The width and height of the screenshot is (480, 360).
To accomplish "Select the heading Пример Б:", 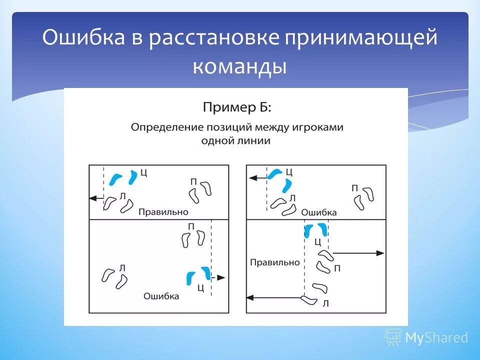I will (237, 106).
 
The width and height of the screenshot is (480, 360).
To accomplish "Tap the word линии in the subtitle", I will (256, 141).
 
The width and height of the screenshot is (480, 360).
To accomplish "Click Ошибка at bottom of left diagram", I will (161, 296).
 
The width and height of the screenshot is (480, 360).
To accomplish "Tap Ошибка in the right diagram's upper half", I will (319, 212).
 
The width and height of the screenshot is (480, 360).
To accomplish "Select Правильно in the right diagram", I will (274, 262).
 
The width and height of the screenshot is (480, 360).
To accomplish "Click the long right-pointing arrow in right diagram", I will (357, 253).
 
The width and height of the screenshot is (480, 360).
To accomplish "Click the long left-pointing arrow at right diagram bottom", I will (275, 298).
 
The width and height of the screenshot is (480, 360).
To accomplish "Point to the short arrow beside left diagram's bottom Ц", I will (219, 277).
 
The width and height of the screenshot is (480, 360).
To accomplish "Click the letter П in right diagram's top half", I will (354, 188).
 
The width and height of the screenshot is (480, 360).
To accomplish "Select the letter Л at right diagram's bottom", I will (325, 303).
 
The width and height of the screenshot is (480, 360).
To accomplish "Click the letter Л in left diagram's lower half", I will (122, 268).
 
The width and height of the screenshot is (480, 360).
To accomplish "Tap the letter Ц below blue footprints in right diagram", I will (317, 242).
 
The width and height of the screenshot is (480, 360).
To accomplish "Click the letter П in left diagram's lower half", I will (191, 226).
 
